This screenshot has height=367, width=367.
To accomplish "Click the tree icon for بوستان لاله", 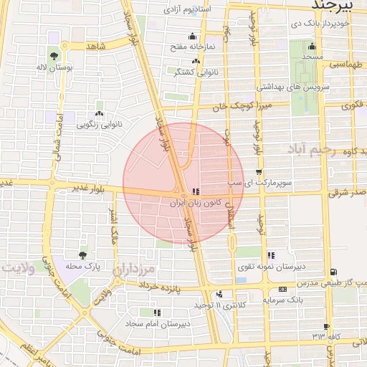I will [x=54, y=55].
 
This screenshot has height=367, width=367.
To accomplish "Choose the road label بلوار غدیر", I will [x=88, y=188].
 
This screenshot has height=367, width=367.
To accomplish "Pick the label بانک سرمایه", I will [x=280, y=299].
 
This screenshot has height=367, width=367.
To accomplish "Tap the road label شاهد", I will [x=95, y=45].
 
